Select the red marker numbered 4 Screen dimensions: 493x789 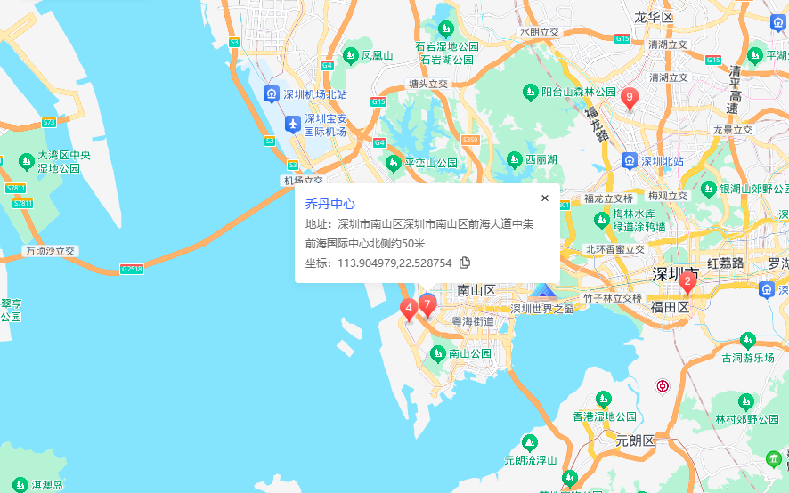point(409,310)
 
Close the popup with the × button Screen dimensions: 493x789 point(545,198)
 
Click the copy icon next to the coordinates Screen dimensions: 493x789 point(465,263)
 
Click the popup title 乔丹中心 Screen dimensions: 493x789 point(330,204)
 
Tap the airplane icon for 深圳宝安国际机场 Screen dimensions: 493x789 point(292,124)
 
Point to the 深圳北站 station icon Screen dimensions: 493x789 point(629,161)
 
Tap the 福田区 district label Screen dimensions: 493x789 point(671,307)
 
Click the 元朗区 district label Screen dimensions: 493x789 point(635,440)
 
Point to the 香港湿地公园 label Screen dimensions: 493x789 point(604,416)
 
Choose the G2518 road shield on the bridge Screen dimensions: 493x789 point(131,268)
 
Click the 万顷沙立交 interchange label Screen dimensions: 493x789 point(51,251)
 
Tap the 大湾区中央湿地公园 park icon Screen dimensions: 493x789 point(26,161)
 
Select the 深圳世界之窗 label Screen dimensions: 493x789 point(541,308)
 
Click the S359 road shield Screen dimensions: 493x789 point(470,140)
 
